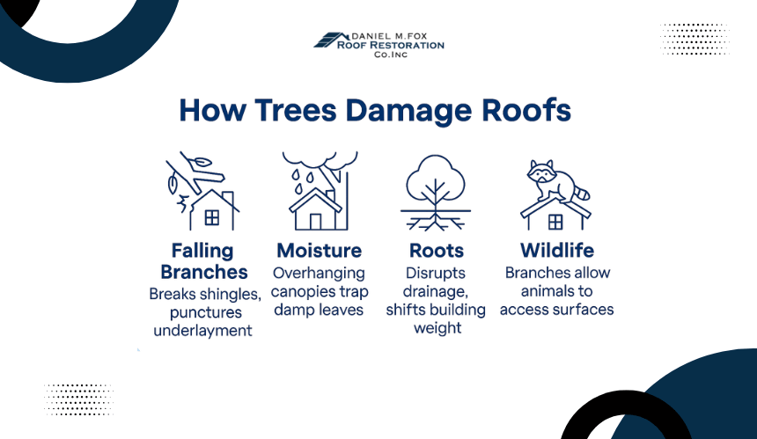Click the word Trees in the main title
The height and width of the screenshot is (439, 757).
(x=295, y=110)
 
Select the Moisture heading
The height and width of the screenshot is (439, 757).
(x=320, y=251)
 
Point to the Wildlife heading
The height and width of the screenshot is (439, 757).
(x=557, y=251)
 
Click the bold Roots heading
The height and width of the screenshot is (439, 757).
(x=437, y=251)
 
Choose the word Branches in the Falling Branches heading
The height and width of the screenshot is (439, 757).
(x=203, y=272)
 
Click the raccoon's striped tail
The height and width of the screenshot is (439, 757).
(x=583, y=192)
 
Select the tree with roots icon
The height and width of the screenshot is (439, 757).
(x=436, y=193)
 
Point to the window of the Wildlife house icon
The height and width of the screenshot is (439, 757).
(x=555, y=222)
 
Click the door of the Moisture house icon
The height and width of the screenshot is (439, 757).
(x=315, y=222)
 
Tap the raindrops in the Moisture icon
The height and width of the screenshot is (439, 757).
(x=303, y=180)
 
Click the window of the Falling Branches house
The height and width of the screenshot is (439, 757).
(x=212, y=217)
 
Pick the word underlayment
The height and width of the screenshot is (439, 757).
(x=202, y=331)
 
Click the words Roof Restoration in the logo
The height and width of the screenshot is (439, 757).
(x=391, y=46)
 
